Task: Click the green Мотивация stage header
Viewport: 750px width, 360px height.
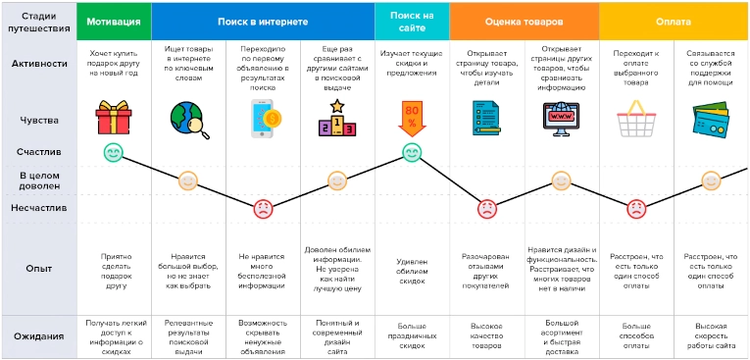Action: click(x=113, y=21)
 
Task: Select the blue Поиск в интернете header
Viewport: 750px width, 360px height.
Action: click(x=262, y=21)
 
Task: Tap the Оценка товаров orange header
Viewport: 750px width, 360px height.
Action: click(x=524, y=21)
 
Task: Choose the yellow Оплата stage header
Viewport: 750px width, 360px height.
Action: click(x=673, y=21)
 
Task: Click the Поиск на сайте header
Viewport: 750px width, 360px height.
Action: click(x=412, y=21)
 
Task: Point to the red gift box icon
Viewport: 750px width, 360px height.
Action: click(x=114, y=119)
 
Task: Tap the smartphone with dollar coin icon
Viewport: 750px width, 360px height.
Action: click(x=262, y=119)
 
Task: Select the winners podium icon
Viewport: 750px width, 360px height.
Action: click(x=336, y=119)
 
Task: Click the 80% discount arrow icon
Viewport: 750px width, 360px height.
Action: click(x=412, y=119)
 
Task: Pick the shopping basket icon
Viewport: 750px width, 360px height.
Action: click(x=635, y=121)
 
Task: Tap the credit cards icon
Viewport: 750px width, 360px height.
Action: click(x=711, y=121)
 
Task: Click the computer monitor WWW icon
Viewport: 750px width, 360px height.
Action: click(x=561, y=119)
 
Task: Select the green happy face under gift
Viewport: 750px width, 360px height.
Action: click(x=114, y=153)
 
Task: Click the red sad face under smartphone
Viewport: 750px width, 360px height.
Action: click(x=263, y=208)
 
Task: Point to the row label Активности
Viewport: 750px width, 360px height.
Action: click(x=40, y=64)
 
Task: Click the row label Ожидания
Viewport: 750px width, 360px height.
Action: click(x=40, y=336)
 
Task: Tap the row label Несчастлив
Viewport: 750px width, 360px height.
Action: click(x=40, y=208)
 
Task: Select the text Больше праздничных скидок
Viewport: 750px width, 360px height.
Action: click(x=412, y=335)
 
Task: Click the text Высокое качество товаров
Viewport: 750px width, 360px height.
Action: click(x=486, y=335)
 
